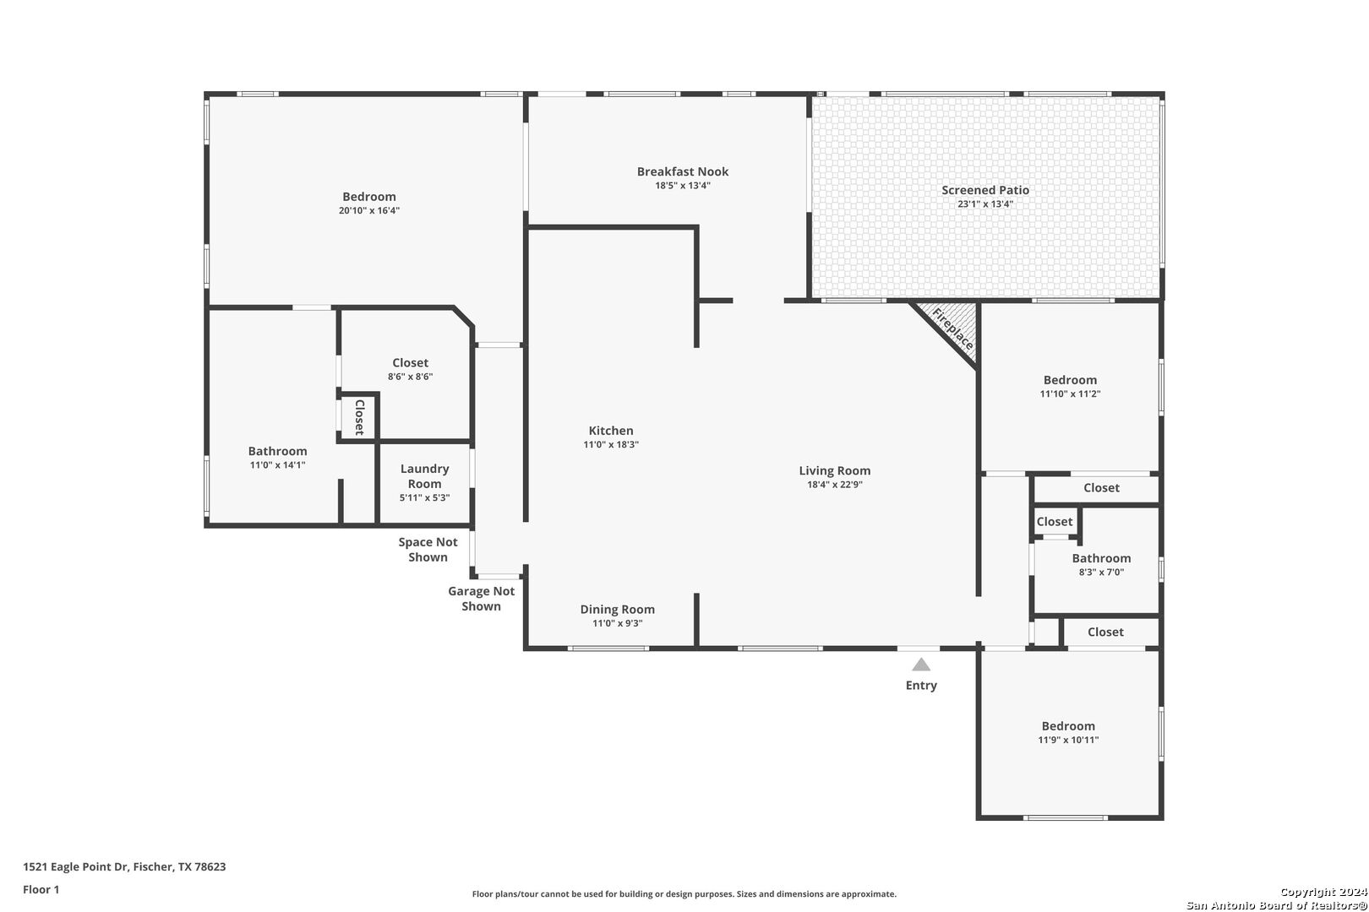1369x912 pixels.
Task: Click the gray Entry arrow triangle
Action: pyautogui.click(x=921, y=665)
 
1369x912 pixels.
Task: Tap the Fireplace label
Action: pyautogui.click(x=952, y=328)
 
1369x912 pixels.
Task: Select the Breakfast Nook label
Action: pyautogui.click(x=683, y=171)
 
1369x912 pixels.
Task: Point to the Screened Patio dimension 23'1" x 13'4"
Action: pyautogui.click(x=985, y=204)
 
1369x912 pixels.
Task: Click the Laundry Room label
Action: pyautogui.click(x=425, y=476)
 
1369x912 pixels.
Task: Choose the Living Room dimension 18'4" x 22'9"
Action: pyautogui.click(x=835, y=485)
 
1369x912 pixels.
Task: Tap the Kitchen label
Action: pyautogui.click(x=611, y=431)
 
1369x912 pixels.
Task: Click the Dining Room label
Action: pyautogui.click(x=617, y=609)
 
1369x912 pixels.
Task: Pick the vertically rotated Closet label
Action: pyautogui.click(x=360, y=418)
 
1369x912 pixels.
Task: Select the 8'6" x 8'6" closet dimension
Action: pyautogui.click(x=410, y=377)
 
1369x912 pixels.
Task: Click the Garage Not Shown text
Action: pyautogui.click(x=481, y=599)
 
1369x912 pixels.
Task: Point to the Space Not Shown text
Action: pyautogui.click(x=428, y=549)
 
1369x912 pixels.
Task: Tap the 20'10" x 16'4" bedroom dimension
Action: pyautogui.click(x=369, y=211)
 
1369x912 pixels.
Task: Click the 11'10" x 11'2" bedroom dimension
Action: pyautogui.click(x=1070, y=394)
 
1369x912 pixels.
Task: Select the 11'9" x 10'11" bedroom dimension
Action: pyautogui.click(x=1068, y=741)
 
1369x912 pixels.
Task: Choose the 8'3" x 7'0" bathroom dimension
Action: pyautogui.click(x=1101, y=573)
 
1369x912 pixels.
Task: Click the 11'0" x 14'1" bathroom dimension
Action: pyautogui.click(x=277, y=465)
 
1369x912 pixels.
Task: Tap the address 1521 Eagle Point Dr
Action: pyautogui.click(x=76, y=866)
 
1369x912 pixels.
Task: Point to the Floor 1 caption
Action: pyautogui.click(x=41, y=890)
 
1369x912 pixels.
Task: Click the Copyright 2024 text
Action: pyautogui.click(x=1323, y=893)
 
